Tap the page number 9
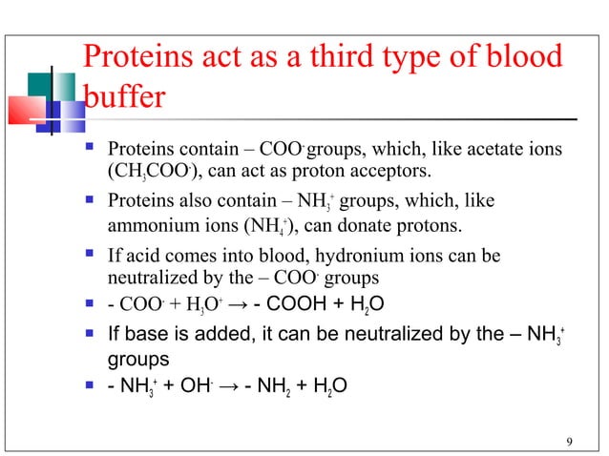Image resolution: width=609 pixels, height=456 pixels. [569, 440]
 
